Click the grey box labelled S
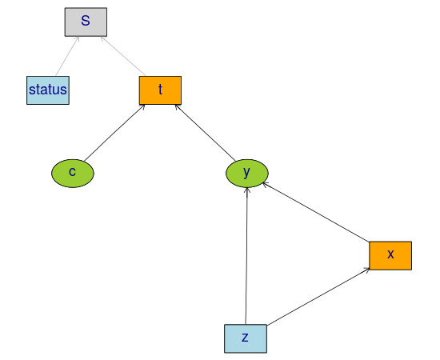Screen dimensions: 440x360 [x=86, y=22]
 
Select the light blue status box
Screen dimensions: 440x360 [x=48, y=90]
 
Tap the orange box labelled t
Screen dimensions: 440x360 [x=160, y=90]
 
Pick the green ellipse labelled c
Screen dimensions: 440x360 [x=73, y=173]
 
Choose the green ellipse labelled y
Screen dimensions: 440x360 [x=247, y=173]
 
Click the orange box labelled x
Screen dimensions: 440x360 [x=390, y=255]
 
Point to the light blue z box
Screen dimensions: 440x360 [x=246, y=338]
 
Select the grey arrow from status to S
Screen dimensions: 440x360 [x=67, y=56]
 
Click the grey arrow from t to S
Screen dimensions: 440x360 [x=123, y=56]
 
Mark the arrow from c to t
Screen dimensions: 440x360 [x=114, y=133]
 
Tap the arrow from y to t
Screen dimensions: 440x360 [x=205, y=133]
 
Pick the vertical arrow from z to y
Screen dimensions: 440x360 [x=246, y=256]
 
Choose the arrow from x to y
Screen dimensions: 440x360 [x=316, y=212]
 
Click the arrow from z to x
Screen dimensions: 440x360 [x=318, y=297]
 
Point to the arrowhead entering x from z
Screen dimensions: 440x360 [x=367, y=270]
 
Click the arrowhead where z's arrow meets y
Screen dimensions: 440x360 [x=247, y=190]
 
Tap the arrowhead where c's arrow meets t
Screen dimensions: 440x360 [x=143, y=106]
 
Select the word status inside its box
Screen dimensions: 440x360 [x=48, y=90]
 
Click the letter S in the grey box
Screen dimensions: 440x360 [x=86, y=21]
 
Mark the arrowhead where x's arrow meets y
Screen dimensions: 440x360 [x=265, y=184]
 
